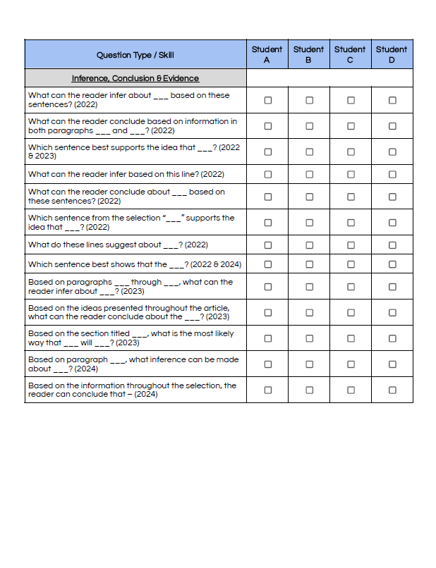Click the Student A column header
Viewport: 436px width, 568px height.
pos(267,54)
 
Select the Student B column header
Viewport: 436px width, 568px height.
pos(308,54)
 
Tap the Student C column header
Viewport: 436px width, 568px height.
pos(350,54)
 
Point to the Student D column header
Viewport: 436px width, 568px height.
pos(392,54)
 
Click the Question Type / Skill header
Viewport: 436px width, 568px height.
pos(135,55)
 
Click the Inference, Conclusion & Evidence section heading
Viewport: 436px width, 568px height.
pos(135,78)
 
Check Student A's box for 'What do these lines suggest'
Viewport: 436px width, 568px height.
pos(267,245)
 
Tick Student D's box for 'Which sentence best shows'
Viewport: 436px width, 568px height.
pos(392,264)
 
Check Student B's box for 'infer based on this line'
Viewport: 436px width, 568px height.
pos(309,174)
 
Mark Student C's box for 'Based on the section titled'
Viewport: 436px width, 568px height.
pos(351,338)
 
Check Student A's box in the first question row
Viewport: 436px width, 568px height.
pos(267,100)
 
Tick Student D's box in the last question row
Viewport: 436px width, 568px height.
pos(392,390)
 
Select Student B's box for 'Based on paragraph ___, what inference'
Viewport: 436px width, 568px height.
pos(309,364)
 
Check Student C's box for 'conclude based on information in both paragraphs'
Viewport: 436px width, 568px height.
pos(351,126)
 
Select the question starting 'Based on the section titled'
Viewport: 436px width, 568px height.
pos(131,338)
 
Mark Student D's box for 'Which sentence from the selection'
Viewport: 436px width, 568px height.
pos(392,223)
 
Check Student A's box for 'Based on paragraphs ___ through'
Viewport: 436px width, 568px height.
pos(267,287)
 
